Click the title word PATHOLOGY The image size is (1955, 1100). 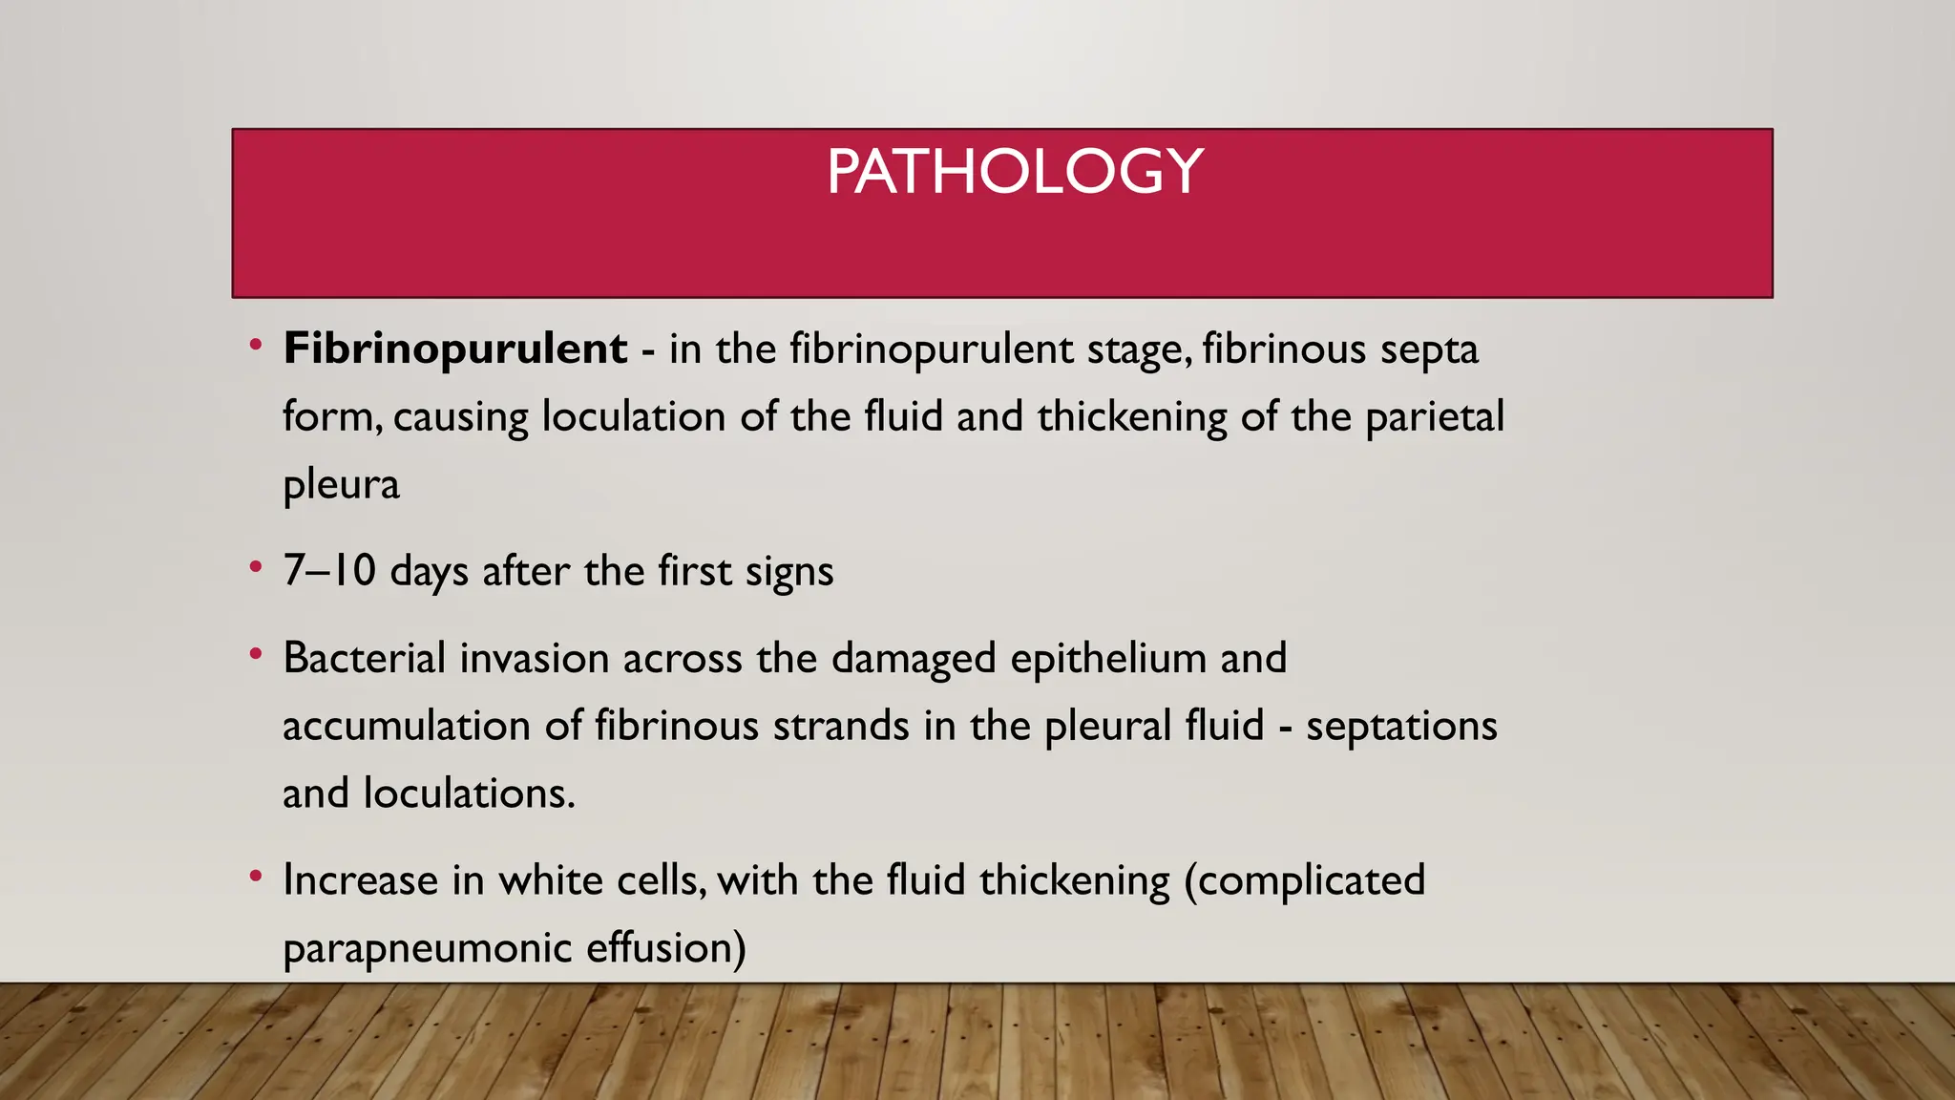[x=1015, y=172]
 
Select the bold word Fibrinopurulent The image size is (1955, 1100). [x=455, y=349]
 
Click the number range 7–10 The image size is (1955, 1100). [x=329, y=571]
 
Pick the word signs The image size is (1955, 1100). [x=789, y=573]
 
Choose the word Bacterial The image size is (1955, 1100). [x=365, y=658]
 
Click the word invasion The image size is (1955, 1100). [x=534, y=658]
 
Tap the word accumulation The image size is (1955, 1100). [x=407, y=726]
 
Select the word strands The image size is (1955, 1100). [x=841, y=726]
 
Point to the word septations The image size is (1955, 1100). [x=1401, y=727]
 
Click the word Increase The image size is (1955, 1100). [x=360, y=879]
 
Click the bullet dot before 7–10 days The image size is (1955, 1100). [x=255, y=567]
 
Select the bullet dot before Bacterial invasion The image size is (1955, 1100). [x=255, y=654]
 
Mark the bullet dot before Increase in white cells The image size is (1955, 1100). [x=255, y=876]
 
